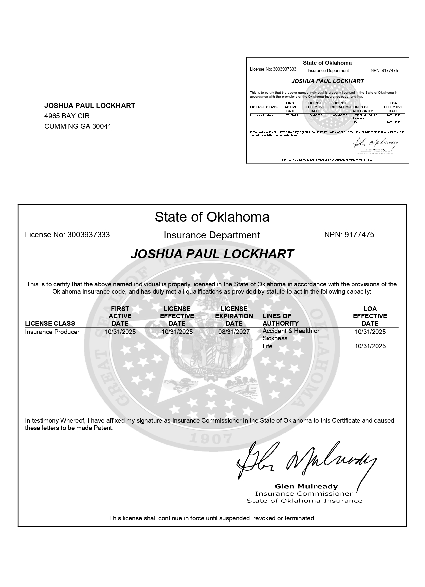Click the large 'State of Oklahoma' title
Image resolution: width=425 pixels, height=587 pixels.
pyautogui.click(x=212, y=217)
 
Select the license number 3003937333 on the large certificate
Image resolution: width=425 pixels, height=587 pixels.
pyautogui.click(x=88, y=235)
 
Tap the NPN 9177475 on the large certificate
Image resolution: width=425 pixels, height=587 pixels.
pyautogui.click(x=359, y=235)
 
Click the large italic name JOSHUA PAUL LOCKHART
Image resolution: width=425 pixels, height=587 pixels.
pyautogui.click(x=212, y=254)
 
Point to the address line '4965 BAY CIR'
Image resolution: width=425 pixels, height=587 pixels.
pyautogui.click(x=67, y=116)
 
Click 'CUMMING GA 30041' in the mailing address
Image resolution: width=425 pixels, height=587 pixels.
pyautogui.click(x=78, y=126)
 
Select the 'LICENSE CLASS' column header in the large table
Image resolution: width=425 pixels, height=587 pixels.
pyautogui.click(x=50, y=323)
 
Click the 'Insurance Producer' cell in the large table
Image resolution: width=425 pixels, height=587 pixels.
pyautogui.click(x=52, y=332)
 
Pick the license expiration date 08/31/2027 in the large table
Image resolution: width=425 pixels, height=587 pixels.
pyautogui.click(x=234, y=332)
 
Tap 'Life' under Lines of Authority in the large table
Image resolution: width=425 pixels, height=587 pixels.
pyautogui.click(x=267, y=346)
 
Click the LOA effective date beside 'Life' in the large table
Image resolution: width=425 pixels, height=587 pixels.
pyautogui.click(x=370, y=346)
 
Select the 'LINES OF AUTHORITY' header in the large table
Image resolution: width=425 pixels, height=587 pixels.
pyautogui.click(x=280, y=320)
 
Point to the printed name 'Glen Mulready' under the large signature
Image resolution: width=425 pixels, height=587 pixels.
pyautogui.click(x=306, y=486)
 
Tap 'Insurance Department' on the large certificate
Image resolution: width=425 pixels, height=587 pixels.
pyautogui.click(x=212, y=235)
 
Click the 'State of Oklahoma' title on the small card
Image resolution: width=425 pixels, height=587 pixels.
pyautogui.click(x=327, y=63)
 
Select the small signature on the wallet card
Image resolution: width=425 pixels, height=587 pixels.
pyautogui.click(x=375, y=144)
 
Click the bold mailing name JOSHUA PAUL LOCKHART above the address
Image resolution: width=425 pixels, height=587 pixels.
pyautogui.click(x=90, y=106)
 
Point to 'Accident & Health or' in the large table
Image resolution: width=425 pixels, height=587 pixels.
pyautogui.click(x=291, y=331)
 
